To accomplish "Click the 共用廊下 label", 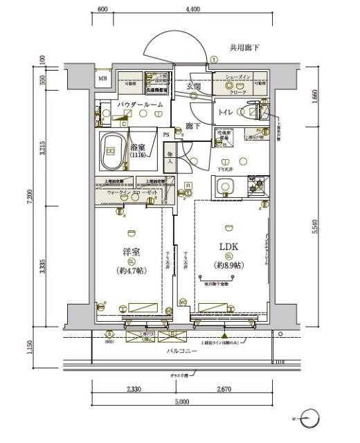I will point(245,48).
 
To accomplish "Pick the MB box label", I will point(102,78).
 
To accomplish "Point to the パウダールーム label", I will point(140,104).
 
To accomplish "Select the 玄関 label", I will point(193,87).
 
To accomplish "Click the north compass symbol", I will point(312,419).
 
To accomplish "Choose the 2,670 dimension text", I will point(223,390).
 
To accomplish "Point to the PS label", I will point(166,135).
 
